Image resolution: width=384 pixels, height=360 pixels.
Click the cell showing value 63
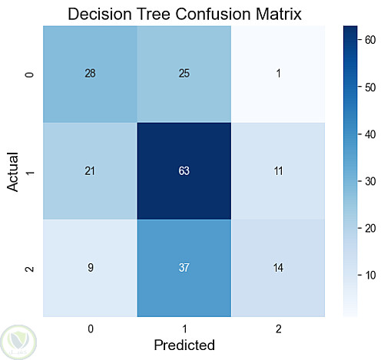coord(184,171)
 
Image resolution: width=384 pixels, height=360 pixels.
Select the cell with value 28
coord(90,74)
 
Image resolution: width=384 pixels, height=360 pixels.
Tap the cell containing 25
coord(184,74)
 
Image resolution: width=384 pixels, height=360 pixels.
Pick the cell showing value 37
coord(184,268)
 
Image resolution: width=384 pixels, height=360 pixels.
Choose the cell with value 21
coord(90,171)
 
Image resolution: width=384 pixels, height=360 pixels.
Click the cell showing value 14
coord(278,268)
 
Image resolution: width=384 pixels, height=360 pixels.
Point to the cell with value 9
coord(90,268)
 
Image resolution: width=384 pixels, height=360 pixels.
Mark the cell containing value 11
coord(278,171)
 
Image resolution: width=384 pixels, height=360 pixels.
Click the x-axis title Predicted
coord(184,345)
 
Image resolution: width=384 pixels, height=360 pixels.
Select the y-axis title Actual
coord(13,172)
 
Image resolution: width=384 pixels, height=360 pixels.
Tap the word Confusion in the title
coord(213,14)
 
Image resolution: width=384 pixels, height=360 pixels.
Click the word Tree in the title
coord(154,14)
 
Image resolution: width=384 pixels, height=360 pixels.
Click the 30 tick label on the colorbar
coord(370,181)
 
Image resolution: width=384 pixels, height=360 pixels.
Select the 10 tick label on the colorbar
coord(370,276)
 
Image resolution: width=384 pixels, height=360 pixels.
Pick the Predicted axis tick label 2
coord(278,329)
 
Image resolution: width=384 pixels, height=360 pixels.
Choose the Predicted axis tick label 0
coord(91,329)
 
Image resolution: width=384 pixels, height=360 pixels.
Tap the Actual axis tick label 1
coord(30,172)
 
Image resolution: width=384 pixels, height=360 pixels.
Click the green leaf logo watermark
coord(18,342)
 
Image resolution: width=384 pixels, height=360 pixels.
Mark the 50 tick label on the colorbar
coord(370,88)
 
